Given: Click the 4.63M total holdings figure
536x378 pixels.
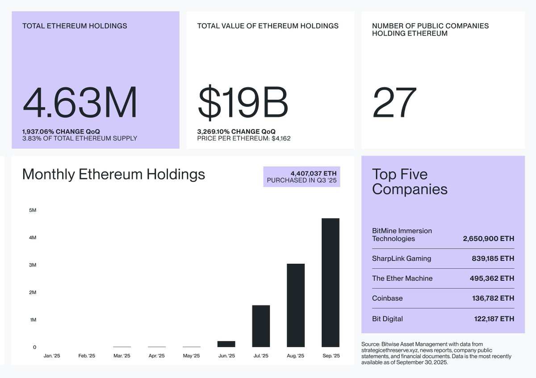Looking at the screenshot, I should [80, 103].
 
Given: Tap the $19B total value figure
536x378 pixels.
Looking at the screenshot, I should [243, 103].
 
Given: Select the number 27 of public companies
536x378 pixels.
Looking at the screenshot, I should [394, 103].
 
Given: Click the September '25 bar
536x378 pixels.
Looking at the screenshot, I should [331, 282].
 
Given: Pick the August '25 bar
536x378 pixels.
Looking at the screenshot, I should [296, 305].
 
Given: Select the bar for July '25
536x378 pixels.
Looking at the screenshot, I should [261, 326].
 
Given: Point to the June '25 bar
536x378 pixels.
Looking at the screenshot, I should [226, 344].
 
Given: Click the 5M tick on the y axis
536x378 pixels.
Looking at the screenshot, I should [32, 210].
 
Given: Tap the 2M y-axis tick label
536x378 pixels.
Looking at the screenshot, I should [32, 292].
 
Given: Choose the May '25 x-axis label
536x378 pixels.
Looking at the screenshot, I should [191, 356].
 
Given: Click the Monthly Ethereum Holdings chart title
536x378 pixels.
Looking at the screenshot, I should [113, 174].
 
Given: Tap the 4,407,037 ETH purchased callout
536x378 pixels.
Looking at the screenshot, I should [301, 177].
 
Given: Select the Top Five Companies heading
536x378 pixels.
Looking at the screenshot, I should [410, 182].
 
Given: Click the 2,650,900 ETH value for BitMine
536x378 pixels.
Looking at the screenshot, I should [488, 239].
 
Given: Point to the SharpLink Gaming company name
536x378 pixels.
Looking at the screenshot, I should [402, 258].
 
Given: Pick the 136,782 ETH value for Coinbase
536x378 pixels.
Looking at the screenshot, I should [493, 298].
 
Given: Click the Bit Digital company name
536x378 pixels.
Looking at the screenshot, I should [387, 319].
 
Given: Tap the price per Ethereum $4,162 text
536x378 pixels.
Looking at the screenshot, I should [243, 138].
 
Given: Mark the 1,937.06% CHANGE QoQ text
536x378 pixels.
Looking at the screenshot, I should [61, 132].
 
